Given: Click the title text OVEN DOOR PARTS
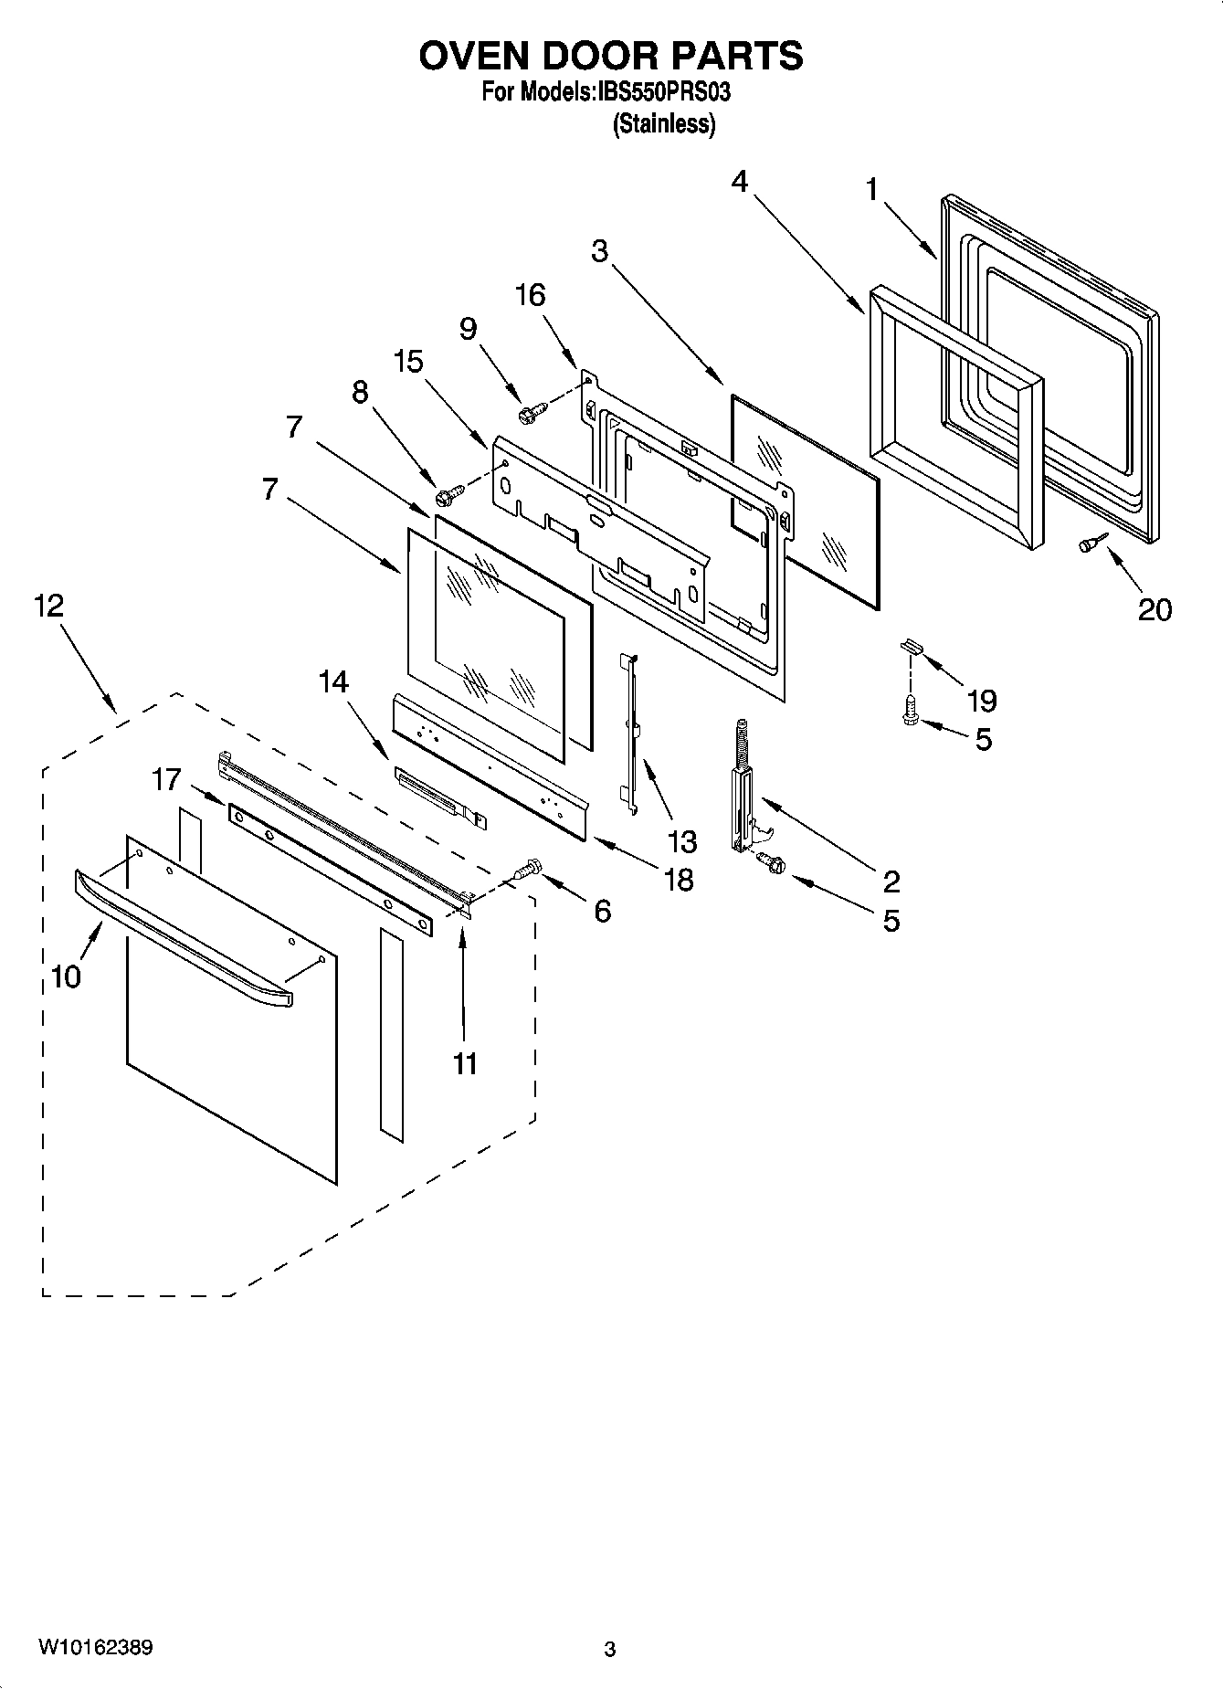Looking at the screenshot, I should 611,56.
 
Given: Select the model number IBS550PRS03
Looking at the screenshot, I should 663,92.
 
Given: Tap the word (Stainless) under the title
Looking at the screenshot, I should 663,124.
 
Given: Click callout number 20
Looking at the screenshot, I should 1154,609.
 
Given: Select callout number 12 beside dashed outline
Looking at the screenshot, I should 49,605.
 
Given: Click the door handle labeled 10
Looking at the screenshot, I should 183,941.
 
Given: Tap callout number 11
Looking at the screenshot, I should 465,1063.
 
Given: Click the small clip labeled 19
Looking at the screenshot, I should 912,646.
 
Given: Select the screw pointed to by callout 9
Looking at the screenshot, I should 531,414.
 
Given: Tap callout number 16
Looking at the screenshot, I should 531,295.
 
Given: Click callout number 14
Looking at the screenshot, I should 334,681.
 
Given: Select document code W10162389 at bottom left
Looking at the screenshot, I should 95,1648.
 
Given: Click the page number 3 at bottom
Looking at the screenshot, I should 610,1650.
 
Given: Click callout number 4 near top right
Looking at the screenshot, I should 739,182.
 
